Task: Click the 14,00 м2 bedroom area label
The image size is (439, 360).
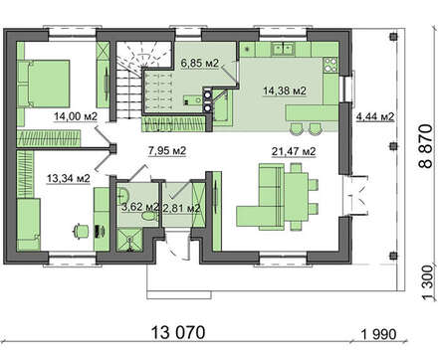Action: [x=76, y=116]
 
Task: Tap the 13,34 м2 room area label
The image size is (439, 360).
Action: [x=69, y=178]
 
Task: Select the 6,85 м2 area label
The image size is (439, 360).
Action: [x=200, y=63]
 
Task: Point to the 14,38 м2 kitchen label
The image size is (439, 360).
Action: [x=285, y=90]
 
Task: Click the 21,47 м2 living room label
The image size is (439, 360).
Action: [x=294, y=151]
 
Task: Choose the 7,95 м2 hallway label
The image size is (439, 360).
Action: [x=167, y=150]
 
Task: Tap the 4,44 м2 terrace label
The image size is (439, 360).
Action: [x=375, y=116]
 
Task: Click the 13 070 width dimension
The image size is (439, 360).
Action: [x=178, y=332]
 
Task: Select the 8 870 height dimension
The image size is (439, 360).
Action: [x=426, y=146]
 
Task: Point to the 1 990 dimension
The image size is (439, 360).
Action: [x=378, y=334]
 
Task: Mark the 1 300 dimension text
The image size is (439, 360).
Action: [x=428, y=282]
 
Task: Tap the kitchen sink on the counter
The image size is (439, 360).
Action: [x=283, y=49]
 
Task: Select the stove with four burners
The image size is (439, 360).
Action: [x=330, y=65]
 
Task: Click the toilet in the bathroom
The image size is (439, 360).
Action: [x=148, y=217]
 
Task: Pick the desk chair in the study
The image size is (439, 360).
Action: [x=81, y=231]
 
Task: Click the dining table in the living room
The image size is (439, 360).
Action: [x=297, y=197]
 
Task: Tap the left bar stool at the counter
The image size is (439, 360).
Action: [x=296, y=128]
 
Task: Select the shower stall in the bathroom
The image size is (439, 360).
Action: [x=129, y=240]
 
